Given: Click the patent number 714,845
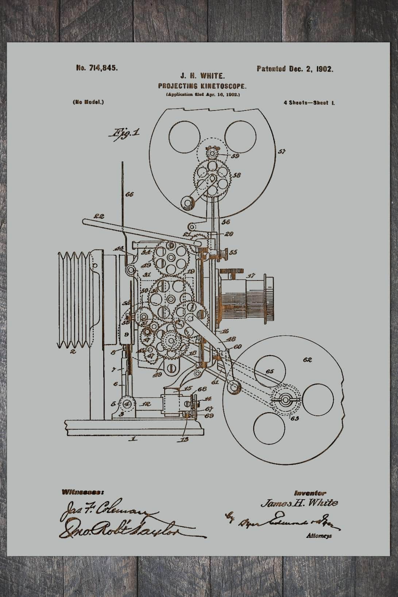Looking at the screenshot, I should coord(97,68).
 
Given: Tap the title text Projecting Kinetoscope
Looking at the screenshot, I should coord(202,86).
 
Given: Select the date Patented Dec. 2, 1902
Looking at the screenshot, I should coord(295,69).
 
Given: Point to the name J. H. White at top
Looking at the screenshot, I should coord(202,76).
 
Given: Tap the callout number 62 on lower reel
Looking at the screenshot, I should coord(307,360).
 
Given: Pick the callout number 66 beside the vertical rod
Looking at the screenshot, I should coord(129,194).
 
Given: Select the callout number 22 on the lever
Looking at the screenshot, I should coord(99,216).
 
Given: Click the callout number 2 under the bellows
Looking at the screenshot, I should coord(73,352).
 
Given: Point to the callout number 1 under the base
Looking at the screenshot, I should coord(134,439).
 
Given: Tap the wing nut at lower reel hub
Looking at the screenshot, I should coord(285,400).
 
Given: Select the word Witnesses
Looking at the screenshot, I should coord(81,492).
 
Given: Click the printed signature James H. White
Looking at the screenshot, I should coord(299,503).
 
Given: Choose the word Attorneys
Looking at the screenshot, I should coord(319,536).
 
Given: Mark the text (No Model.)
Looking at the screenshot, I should coord(88,102).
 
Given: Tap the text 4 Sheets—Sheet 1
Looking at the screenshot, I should coord(309,103).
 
